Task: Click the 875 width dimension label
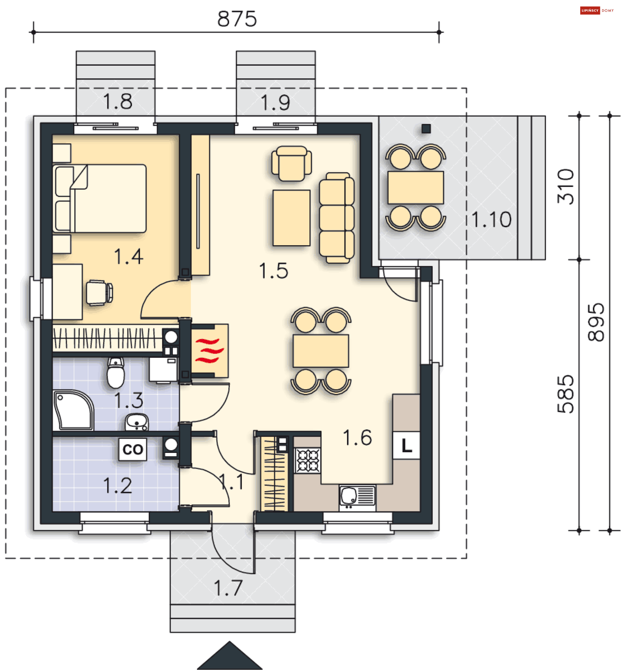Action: [237, 19]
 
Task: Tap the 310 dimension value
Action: [566, 187]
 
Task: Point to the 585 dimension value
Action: [566, 394]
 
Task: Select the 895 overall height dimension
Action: [596, 323]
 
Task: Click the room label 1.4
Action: [129, 257]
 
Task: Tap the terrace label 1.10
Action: [491, 220]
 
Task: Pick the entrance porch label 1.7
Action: [228, 588]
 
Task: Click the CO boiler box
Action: [133, 449]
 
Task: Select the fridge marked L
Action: [406, 445]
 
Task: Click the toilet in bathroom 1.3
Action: [115, 373]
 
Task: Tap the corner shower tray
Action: [73, 410]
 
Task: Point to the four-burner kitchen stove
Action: [308, 460]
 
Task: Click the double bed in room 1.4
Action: [100, 198]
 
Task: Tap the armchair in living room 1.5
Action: [291, 163]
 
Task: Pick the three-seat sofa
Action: [337, 217]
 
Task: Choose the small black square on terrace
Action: [426, 128]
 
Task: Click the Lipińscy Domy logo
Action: [597, 10]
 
